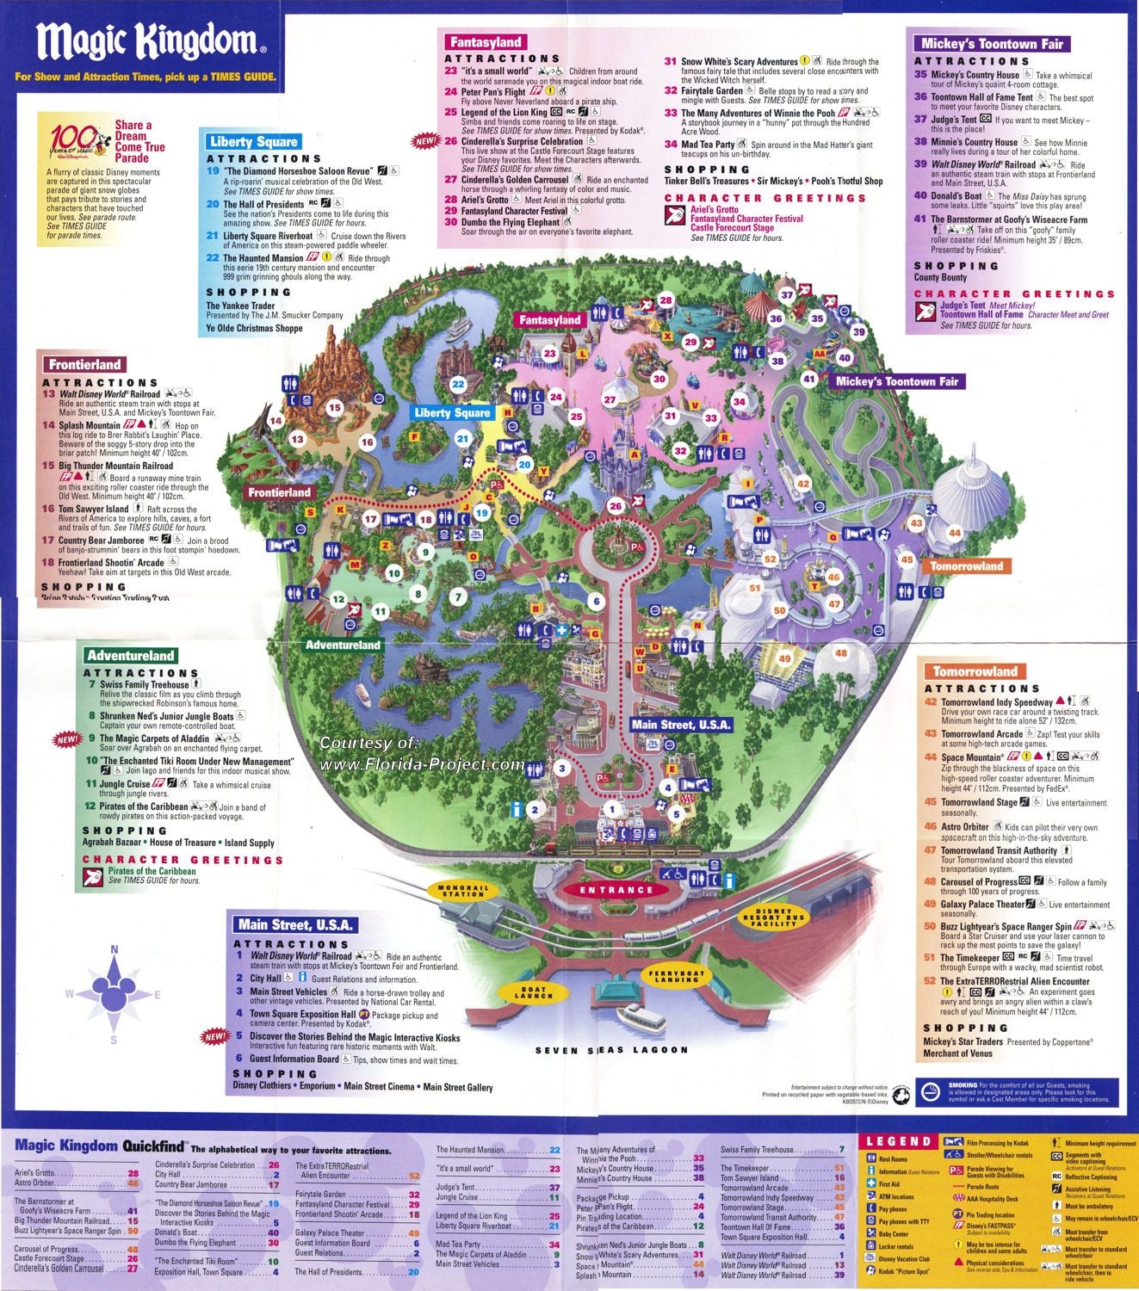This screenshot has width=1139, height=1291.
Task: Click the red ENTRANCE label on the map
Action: (616, 890)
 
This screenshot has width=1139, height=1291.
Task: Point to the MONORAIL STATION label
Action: (462, 891)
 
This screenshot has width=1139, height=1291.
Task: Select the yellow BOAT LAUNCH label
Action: (533, 993)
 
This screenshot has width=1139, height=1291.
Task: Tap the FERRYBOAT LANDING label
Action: (677, 976)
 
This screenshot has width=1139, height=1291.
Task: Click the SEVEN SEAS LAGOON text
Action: (611, 1050)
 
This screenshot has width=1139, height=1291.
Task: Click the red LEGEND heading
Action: (898, 1141)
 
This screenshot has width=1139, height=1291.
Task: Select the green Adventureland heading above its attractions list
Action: (131, 656)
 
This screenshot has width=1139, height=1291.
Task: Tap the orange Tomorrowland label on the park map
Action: (966, 566)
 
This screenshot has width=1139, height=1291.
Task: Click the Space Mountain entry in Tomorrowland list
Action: (972, 757)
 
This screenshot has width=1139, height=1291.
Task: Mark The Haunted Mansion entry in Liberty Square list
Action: (263, 257)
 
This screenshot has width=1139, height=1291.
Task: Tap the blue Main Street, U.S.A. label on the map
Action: (681, 725)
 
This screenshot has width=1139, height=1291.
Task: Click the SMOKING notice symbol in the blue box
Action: (932, 1091)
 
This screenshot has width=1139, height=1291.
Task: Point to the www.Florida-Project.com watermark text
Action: (422, 764)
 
